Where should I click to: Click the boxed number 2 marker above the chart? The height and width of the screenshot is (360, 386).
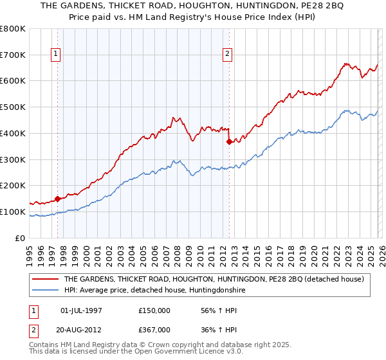(x=228, y=55)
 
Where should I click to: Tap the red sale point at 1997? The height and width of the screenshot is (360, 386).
(x=57, y=199)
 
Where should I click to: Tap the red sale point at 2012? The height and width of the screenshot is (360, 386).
(x=229, y=142)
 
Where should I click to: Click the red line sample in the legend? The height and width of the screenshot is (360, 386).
(x=44, y=280)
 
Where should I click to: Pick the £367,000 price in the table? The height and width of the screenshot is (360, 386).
(x=154, y=329)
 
